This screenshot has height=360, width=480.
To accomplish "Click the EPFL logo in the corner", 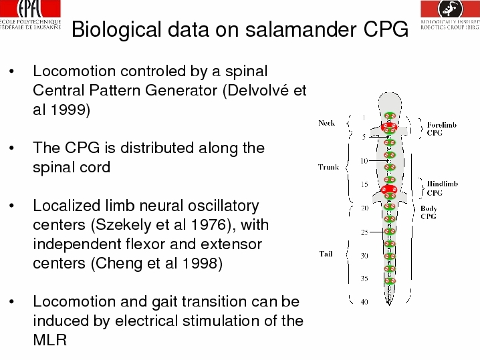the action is tap(30, 15).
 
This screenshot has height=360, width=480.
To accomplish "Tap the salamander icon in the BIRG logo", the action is tap(451, 9).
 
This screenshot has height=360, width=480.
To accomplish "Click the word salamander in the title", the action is tap(301, 29).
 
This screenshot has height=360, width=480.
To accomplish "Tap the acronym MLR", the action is tap(50, 340).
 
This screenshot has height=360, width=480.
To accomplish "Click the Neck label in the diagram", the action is tap(326, 123).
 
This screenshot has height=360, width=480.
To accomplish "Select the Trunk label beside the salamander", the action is tap(328, 167).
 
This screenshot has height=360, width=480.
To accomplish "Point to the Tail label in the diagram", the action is tap(326, 254).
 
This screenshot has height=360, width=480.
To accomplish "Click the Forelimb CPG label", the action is tap(442, 129).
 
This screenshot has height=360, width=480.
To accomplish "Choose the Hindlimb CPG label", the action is tap(443, 188).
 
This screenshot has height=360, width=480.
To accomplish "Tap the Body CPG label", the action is tap(429, 212).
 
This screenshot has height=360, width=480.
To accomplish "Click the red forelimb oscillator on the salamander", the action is tap(389, 127).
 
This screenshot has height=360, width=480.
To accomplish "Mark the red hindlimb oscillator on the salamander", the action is tap(389, 189).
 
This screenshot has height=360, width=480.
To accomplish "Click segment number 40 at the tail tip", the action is tap(364, 302).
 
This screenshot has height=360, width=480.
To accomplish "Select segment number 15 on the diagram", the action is tap(364, 184).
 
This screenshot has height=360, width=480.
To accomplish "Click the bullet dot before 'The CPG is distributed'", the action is tap(11, 148).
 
